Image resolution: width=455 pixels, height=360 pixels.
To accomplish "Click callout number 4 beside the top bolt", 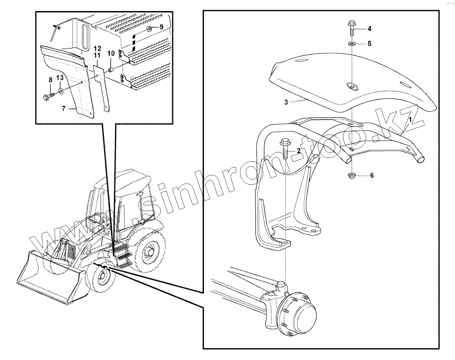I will (x=369, y=28).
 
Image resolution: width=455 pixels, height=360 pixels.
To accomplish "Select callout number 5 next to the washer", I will (x=369, y=44).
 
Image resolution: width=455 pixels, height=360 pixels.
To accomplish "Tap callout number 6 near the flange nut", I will (x=372, y=175).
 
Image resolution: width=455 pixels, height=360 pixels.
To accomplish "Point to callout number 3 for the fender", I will (x=286, y=103).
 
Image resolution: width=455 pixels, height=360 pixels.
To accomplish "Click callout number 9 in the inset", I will (x=161, y=27).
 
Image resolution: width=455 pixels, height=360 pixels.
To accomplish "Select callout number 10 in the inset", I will (x=111, y=53).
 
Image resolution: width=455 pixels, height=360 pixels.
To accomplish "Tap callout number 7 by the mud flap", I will (x=64, y=109).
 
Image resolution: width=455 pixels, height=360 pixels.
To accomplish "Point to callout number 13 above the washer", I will (x=60, y=78).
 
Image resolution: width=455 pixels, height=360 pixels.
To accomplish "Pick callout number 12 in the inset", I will (x=97, y=48).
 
